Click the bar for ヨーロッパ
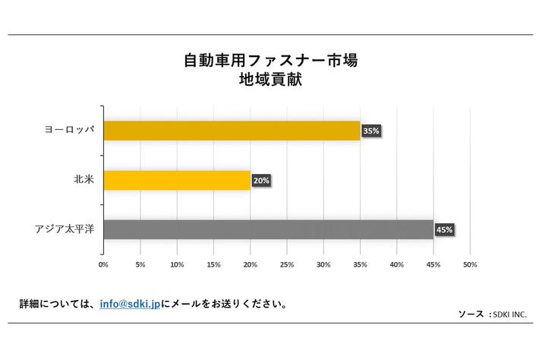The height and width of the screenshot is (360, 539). coord(232,131)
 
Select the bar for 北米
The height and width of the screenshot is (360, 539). coord(176,180)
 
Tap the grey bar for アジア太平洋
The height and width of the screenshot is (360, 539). coord(268,229)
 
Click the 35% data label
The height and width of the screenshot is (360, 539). coord(371,131)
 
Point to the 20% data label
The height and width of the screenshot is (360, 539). coord(261,181)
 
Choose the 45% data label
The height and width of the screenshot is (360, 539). coord(445,229)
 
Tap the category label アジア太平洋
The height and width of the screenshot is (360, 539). coord(64,229)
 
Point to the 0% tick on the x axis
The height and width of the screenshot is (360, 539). coord(103,265)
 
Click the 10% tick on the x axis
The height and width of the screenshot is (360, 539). coord(177,265)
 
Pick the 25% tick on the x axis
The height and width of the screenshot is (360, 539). coord(287,265)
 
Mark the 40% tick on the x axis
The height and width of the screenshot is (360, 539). coord(397,265)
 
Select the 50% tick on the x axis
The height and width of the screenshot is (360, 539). coord(470,265)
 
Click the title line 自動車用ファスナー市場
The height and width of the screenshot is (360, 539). coord(269,60)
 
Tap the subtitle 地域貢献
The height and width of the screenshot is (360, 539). coord(269,80)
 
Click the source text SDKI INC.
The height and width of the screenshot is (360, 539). coord(510,314)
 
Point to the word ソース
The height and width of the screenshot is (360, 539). coord(471,314)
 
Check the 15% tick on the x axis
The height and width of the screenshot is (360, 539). coord(213,265)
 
